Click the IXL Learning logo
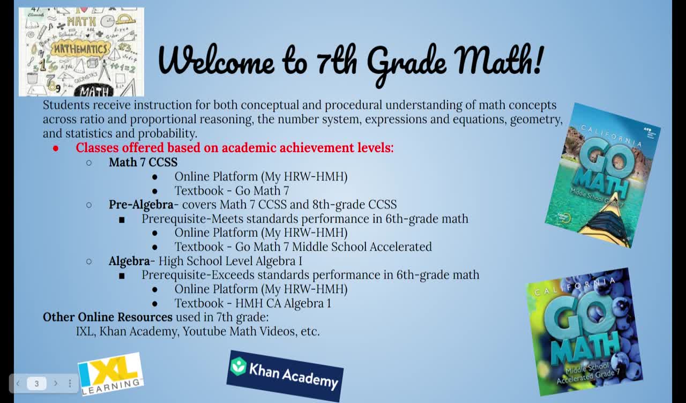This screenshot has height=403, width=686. click(111, 374)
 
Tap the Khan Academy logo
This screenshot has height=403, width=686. click(285, 376)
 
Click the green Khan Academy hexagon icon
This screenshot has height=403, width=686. click(238, 366)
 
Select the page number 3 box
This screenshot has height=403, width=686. click(36, 383)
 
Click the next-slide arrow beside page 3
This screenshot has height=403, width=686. click(55, 383)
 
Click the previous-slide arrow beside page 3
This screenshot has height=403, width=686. click(18, 383)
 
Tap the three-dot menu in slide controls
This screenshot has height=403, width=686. click(70, 383)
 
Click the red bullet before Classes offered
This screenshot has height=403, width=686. click(55, 148)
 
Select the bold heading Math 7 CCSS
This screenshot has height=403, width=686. click(143, 162)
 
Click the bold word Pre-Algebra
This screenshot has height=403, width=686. click(141, 205)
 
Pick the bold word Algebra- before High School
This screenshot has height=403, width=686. click(129, 261)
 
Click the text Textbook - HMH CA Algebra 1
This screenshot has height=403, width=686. click(252, 303)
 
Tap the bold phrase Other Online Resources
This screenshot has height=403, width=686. click(108, 317)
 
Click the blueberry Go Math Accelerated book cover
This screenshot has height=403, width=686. click(584, 332)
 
